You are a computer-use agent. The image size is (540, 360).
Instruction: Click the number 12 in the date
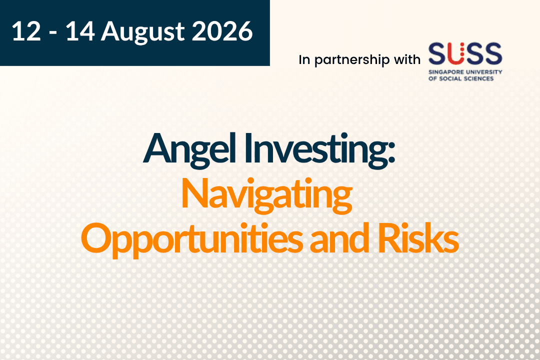pos(26,31)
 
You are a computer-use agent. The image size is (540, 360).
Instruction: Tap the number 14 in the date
pos(80,31)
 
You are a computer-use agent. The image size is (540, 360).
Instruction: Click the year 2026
pos(222,31)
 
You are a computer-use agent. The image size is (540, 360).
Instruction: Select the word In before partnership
pos(304,59)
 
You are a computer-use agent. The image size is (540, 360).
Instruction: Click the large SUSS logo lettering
pos(465,53)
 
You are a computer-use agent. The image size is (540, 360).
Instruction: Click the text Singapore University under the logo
pos(465,72)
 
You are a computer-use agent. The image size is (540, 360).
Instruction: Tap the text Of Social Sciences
pos(461,78)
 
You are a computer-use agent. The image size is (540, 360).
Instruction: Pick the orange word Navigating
pos(266,195)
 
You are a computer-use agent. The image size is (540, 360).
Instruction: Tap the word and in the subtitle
pos(340,237)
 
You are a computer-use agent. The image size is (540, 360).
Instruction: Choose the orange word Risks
pos(418,237)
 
